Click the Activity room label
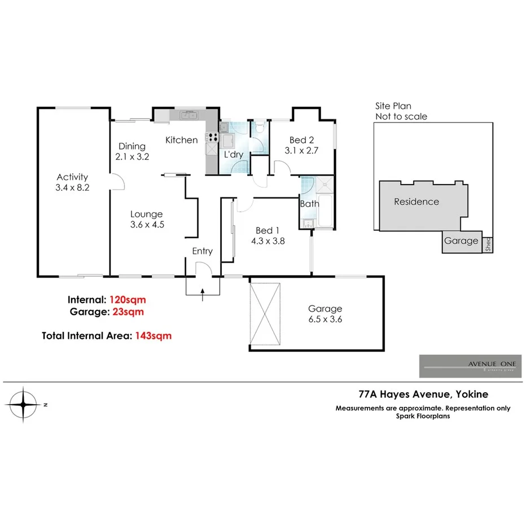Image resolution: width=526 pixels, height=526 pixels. click(x=72, y=177)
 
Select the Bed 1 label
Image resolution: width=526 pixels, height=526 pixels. click(x=268, y=230)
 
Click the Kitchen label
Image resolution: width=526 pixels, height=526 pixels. click(x=181, y=140)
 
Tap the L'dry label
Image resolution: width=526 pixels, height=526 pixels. click(x=234, y=154)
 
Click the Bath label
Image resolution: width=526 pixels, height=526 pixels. click(x=309, y=204)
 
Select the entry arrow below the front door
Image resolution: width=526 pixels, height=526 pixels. click(x=202, y=294)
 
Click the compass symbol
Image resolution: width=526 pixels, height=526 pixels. click(x=24, y=405)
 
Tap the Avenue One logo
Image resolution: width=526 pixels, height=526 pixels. click(x=470, y=366)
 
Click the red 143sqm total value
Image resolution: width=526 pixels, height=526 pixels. click(x=152, y=336)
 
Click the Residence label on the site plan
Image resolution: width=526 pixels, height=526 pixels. click(x=416, y=201)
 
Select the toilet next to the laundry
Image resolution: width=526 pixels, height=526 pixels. click(x=258, y=128)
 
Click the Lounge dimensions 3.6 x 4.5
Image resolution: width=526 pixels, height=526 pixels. click(x=146, y=225)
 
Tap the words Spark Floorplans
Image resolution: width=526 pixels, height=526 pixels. click(x=423, y=417)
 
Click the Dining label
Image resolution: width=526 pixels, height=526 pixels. click(x=131, y=147)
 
